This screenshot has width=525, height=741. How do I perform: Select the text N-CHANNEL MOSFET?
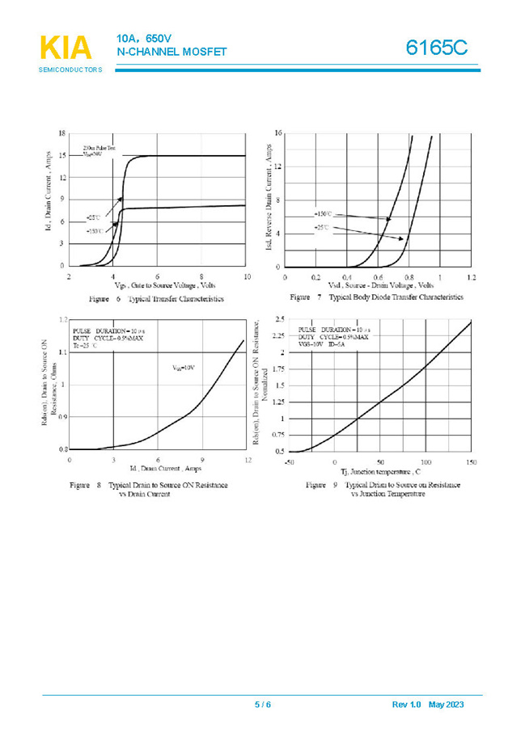171,53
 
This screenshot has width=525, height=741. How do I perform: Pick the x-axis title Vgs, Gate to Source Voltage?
165,285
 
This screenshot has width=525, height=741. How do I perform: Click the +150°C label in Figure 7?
323,214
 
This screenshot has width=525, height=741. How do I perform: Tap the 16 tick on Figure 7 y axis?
277,133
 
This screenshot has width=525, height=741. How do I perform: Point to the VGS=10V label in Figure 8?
183,368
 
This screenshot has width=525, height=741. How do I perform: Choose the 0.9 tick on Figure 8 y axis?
61,417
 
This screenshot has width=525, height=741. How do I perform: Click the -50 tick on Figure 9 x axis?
289,461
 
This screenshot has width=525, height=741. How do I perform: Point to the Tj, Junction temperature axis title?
380,471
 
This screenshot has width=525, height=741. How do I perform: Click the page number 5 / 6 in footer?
263,705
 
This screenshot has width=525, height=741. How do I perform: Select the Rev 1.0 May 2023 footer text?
428,705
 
